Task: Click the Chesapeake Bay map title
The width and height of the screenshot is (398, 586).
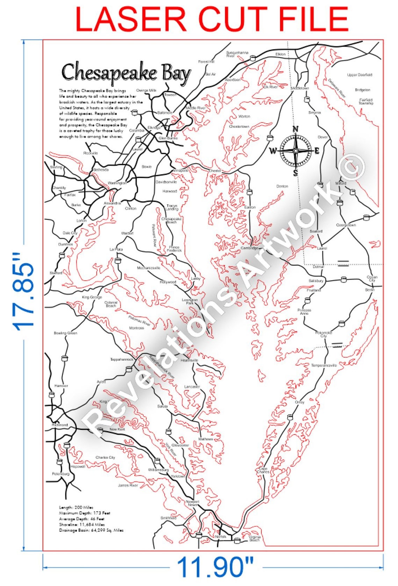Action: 126,73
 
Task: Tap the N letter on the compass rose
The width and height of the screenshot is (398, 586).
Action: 295,129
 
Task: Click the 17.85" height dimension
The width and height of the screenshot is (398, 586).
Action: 24,292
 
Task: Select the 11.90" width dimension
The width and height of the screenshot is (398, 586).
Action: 215,567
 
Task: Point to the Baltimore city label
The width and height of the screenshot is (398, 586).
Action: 165,113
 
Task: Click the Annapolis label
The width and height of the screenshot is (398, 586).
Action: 180,171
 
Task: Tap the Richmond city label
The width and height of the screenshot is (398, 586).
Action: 60,425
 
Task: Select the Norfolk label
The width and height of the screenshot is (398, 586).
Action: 221,536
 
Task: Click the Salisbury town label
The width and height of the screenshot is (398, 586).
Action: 316,281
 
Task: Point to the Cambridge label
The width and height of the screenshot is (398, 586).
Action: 250,248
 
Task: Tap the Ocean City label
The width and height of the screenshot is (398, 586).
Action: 372,279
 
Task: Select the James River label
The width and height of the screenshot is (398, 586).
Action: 128,485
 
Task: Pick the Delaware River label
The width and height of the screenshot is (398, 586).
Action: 337,88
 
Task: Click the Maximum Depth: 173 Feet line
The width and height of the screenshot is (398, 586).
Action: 84,513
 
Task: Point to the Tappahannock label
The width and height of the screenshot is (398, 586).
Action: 122,359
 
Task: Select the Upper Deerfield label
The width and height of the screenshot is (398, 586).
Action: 360,75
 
